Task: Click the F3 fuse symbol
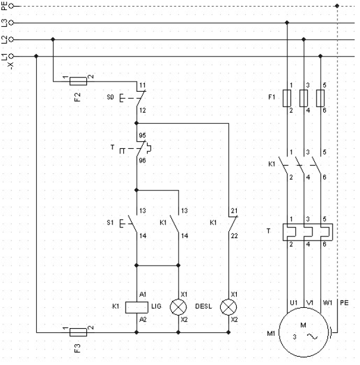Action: pos(78,331)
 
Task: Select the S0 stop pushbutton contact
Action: pos(137,97)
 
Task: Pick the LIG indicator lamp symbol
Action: pos(178,307)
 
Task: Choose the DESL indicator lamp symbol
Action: pos(229,307)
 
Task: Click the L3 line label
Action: pos(5,23)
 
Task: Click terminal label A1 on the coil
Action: pos(143,294)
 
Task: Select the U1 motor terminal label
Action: pos(293,303)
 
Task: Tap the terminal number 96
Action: pos(143,160)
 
